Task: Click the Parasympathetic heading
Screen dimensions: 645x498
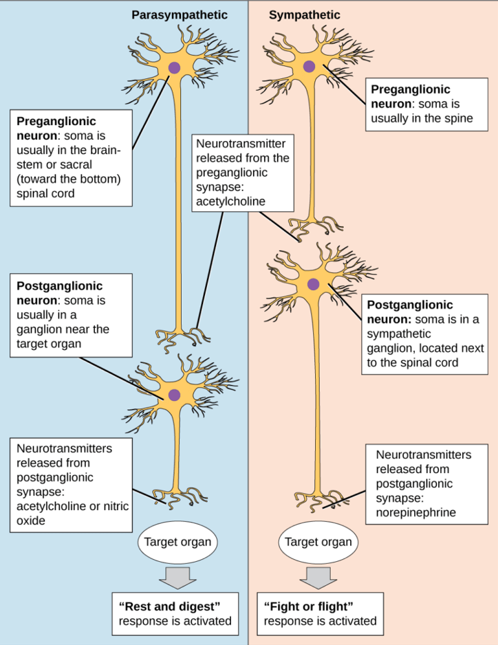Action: [x=180, y=14]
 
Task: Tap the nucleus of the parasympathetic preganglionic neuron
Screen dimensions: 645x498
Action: [x=174, y=67]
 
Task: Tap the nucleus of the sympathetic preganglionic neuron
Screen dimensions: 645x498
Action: [x=310, y=67]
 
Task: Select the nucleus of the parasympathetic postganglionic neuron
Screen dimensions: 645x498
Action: [x=174, y=395]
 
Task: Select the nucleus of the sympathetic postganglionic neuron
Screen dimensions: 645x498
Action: [x=314, y=284]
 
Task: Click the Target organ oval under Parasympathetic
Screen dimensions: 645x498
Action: [x=178, y=542]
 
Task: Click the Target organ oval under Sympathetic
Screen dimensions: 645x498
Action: [x=318, y=542]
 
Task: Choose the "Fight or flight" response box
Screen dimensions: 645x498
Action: [x=320, y=613]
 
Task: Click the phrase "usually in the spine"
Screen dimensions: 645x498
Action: [x=422, y=118]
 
